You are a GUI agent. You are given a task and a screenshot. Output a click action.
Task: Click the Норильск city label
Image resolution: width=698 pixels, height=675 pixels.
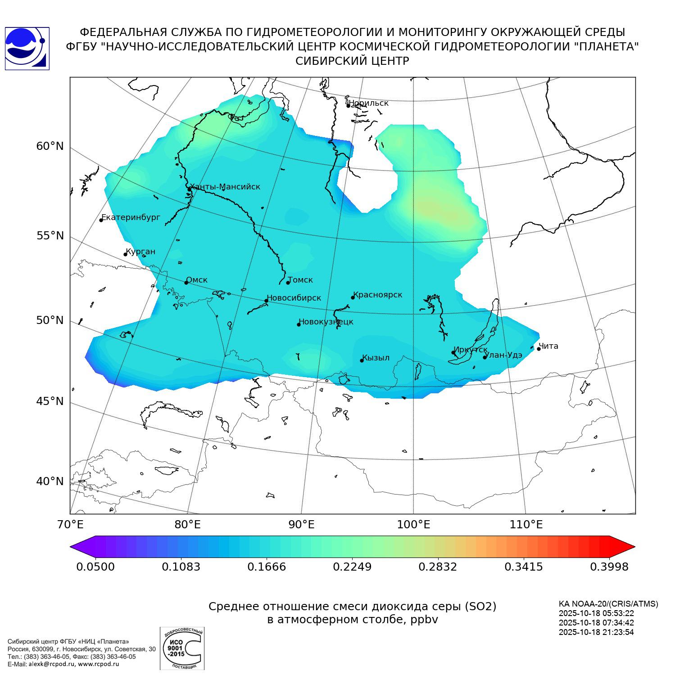click(368, 103)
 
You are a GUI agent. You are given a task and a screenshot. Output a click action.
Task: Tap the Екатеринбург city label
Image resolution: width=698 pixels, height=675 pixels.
click(131, 217)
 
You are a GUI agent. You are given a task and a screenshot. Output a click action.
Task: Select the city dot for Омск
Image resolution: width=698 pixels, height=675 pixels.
click(186, 283)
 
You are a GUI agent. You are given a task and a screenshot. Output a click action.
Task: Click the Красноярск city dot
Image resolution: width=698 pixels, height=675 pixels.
click(353, 297)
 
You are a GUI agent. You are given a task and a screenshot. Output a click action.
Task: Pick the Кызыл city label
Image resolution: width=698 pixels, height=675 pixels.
click(376, 358)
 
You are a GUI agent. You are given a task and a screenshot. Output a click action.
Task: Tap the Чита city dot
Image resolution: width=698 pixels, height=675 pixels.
click(539, 349)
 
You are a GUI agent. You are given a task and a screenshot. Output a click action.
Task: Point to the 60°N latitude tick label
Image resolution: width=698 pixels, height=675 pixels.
click(50, 146)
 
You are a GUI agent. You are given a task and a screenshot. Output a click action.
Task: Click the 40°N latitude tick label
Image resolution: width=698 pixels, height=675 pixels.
click(50, 481)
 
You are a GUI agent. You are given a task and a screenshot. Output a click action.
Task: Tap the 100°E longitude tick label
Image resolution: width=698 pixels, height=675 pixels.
click(413, 524)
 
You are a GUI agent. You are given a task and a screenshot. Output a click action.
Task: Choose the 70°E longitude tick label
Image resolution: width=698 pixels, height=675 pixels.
click(70, 524)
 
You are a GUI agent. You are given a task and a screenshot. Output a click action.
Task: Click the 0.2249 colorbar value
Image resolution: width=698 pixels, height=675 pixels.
click(352, 567)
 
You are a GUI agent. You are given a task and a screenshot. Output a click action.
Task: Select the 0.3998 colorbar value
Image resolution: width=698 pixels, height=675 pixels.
click(609, 567)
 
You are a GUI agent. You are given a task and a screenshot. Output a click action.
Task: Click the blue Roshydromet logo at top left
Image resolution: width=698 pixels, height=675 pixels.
click(27, 49)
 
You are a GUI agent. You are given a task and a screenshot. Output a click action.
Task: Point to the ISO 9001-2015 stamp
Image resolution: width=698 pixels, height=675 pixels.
click(182, 648)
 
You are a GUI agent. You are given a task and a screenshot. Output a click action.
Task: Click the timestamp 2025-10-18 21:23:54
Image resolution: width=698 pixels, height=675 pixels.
click(596, 632)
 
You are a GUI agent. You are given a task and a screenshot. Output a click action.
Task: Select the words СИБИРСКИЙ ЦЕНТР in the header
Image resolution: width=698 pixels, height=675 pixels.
click(352, 61)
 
